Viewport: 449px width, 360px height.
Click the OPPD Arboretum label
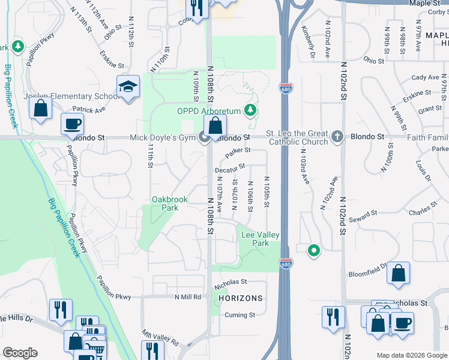click(x=208, y=111)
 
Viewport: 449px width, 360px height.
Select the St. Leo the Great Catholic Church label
click(x=297, y=137)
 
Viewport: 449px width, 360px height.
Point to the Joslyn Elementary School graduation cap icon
click(x=128, y=88)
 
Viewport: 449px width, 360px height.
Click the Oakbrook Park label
click(x=165, y=203)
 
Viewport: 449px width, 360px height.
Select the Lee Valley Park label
click(x=260, y=239)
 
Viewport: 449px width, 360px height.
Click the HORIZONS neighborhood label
click(x=240, y=298)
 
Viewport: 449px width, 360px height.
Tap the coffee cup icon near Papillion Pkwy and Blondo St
click(x=72, y=124)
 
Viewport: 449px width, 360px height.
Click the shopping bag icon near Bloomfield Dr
click(x=398, y=274)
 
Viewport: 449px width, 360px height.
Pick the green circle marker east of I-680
click(x=312, y=250)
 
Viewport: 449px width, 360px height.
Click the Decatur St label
click(x=230, y=169)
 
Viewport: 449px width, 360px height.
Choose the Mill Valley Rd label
click(x=160, y=338)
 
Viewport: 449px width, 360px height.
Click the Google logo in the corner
click(x=20, y=353)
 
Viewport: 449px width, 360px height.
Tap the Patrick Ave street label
click(x=88, y=110)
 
